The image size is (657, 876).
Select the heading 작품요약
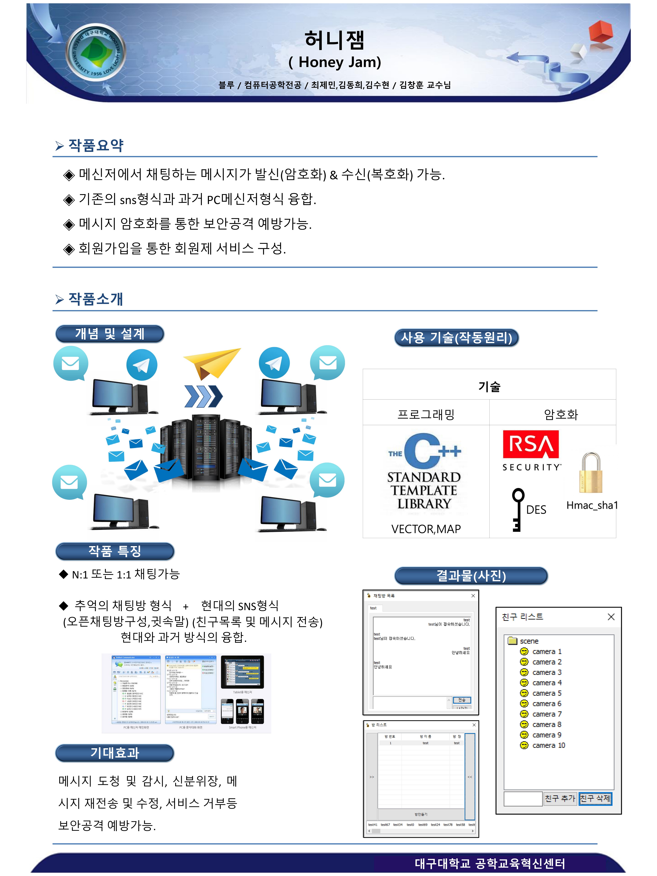point(96,145)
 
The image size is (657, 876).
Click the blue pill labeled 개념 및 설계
point(110,334)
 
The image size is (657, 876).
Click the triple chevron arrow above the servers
point(203,396)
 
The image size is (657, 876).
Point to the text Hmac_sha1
point(592,505)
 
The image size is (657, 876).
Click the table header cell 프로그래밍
point(426,414)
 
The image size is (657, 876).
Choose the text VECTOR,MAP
point(426,529)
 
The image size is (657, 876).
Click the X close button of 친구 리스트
point(611,617)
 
